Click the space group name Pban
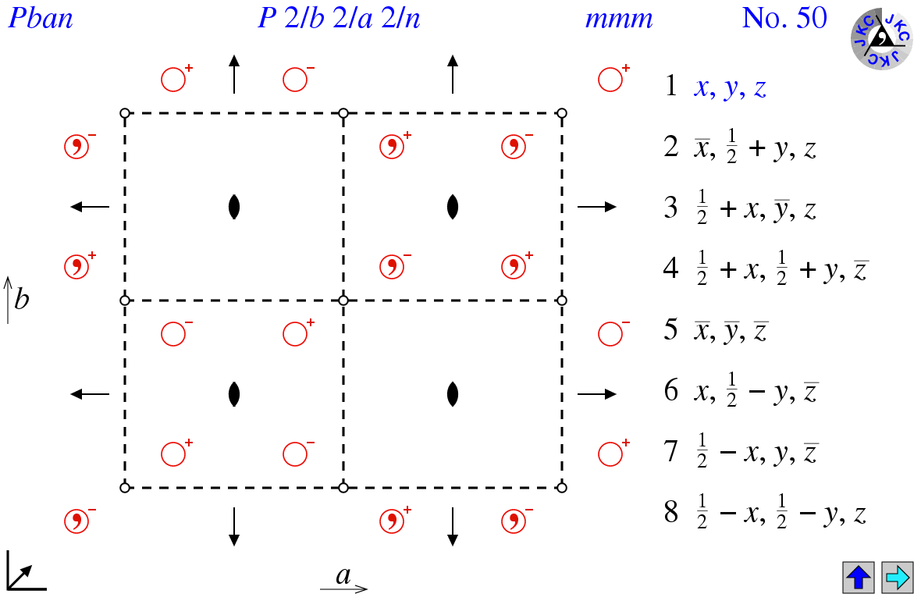coord(41,19)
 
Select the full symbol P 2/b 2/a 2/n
coord(339,19)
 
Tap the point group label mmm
coord(618,20)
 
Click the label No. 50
coord(784,18)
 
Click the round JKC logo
coord(881,39)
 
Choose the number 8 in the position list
coord(671,512)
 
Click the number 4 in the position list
coord(671,268)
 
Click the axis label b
coord(21,299)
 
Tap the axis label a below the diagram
coord(343,575)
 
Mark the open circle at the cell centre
coord(343,300)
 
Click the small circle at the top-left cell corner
coord(125,113)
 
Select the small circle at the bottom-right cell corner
coord(562,487)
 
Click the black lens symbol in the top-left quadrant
coord(234,207)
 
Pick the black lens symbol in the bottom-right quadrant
coord(452,394)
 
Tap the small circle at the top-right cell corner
coord(562,113)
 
